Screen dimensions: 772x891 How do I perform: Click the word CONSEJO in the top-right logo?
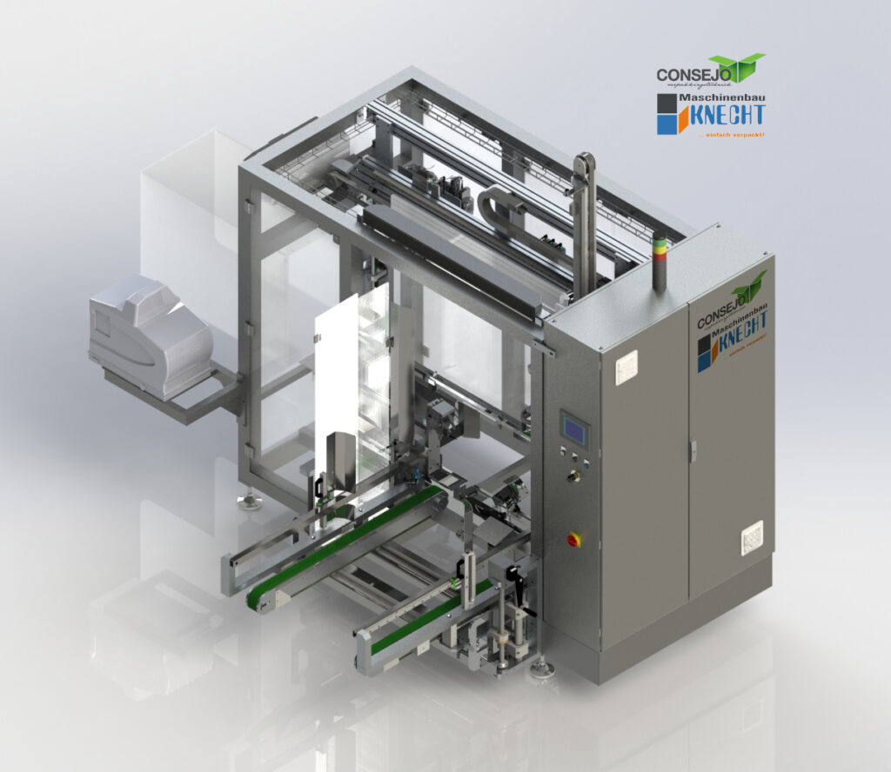pos(683,76)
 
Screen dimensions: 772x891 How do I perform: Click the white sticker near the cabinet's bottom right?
pos(751,538)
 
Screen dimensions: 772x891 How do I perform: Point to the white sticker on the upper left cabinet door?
pos(626,367)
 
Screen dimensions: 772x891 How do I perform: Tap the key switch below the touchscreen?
pos(573,476)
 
